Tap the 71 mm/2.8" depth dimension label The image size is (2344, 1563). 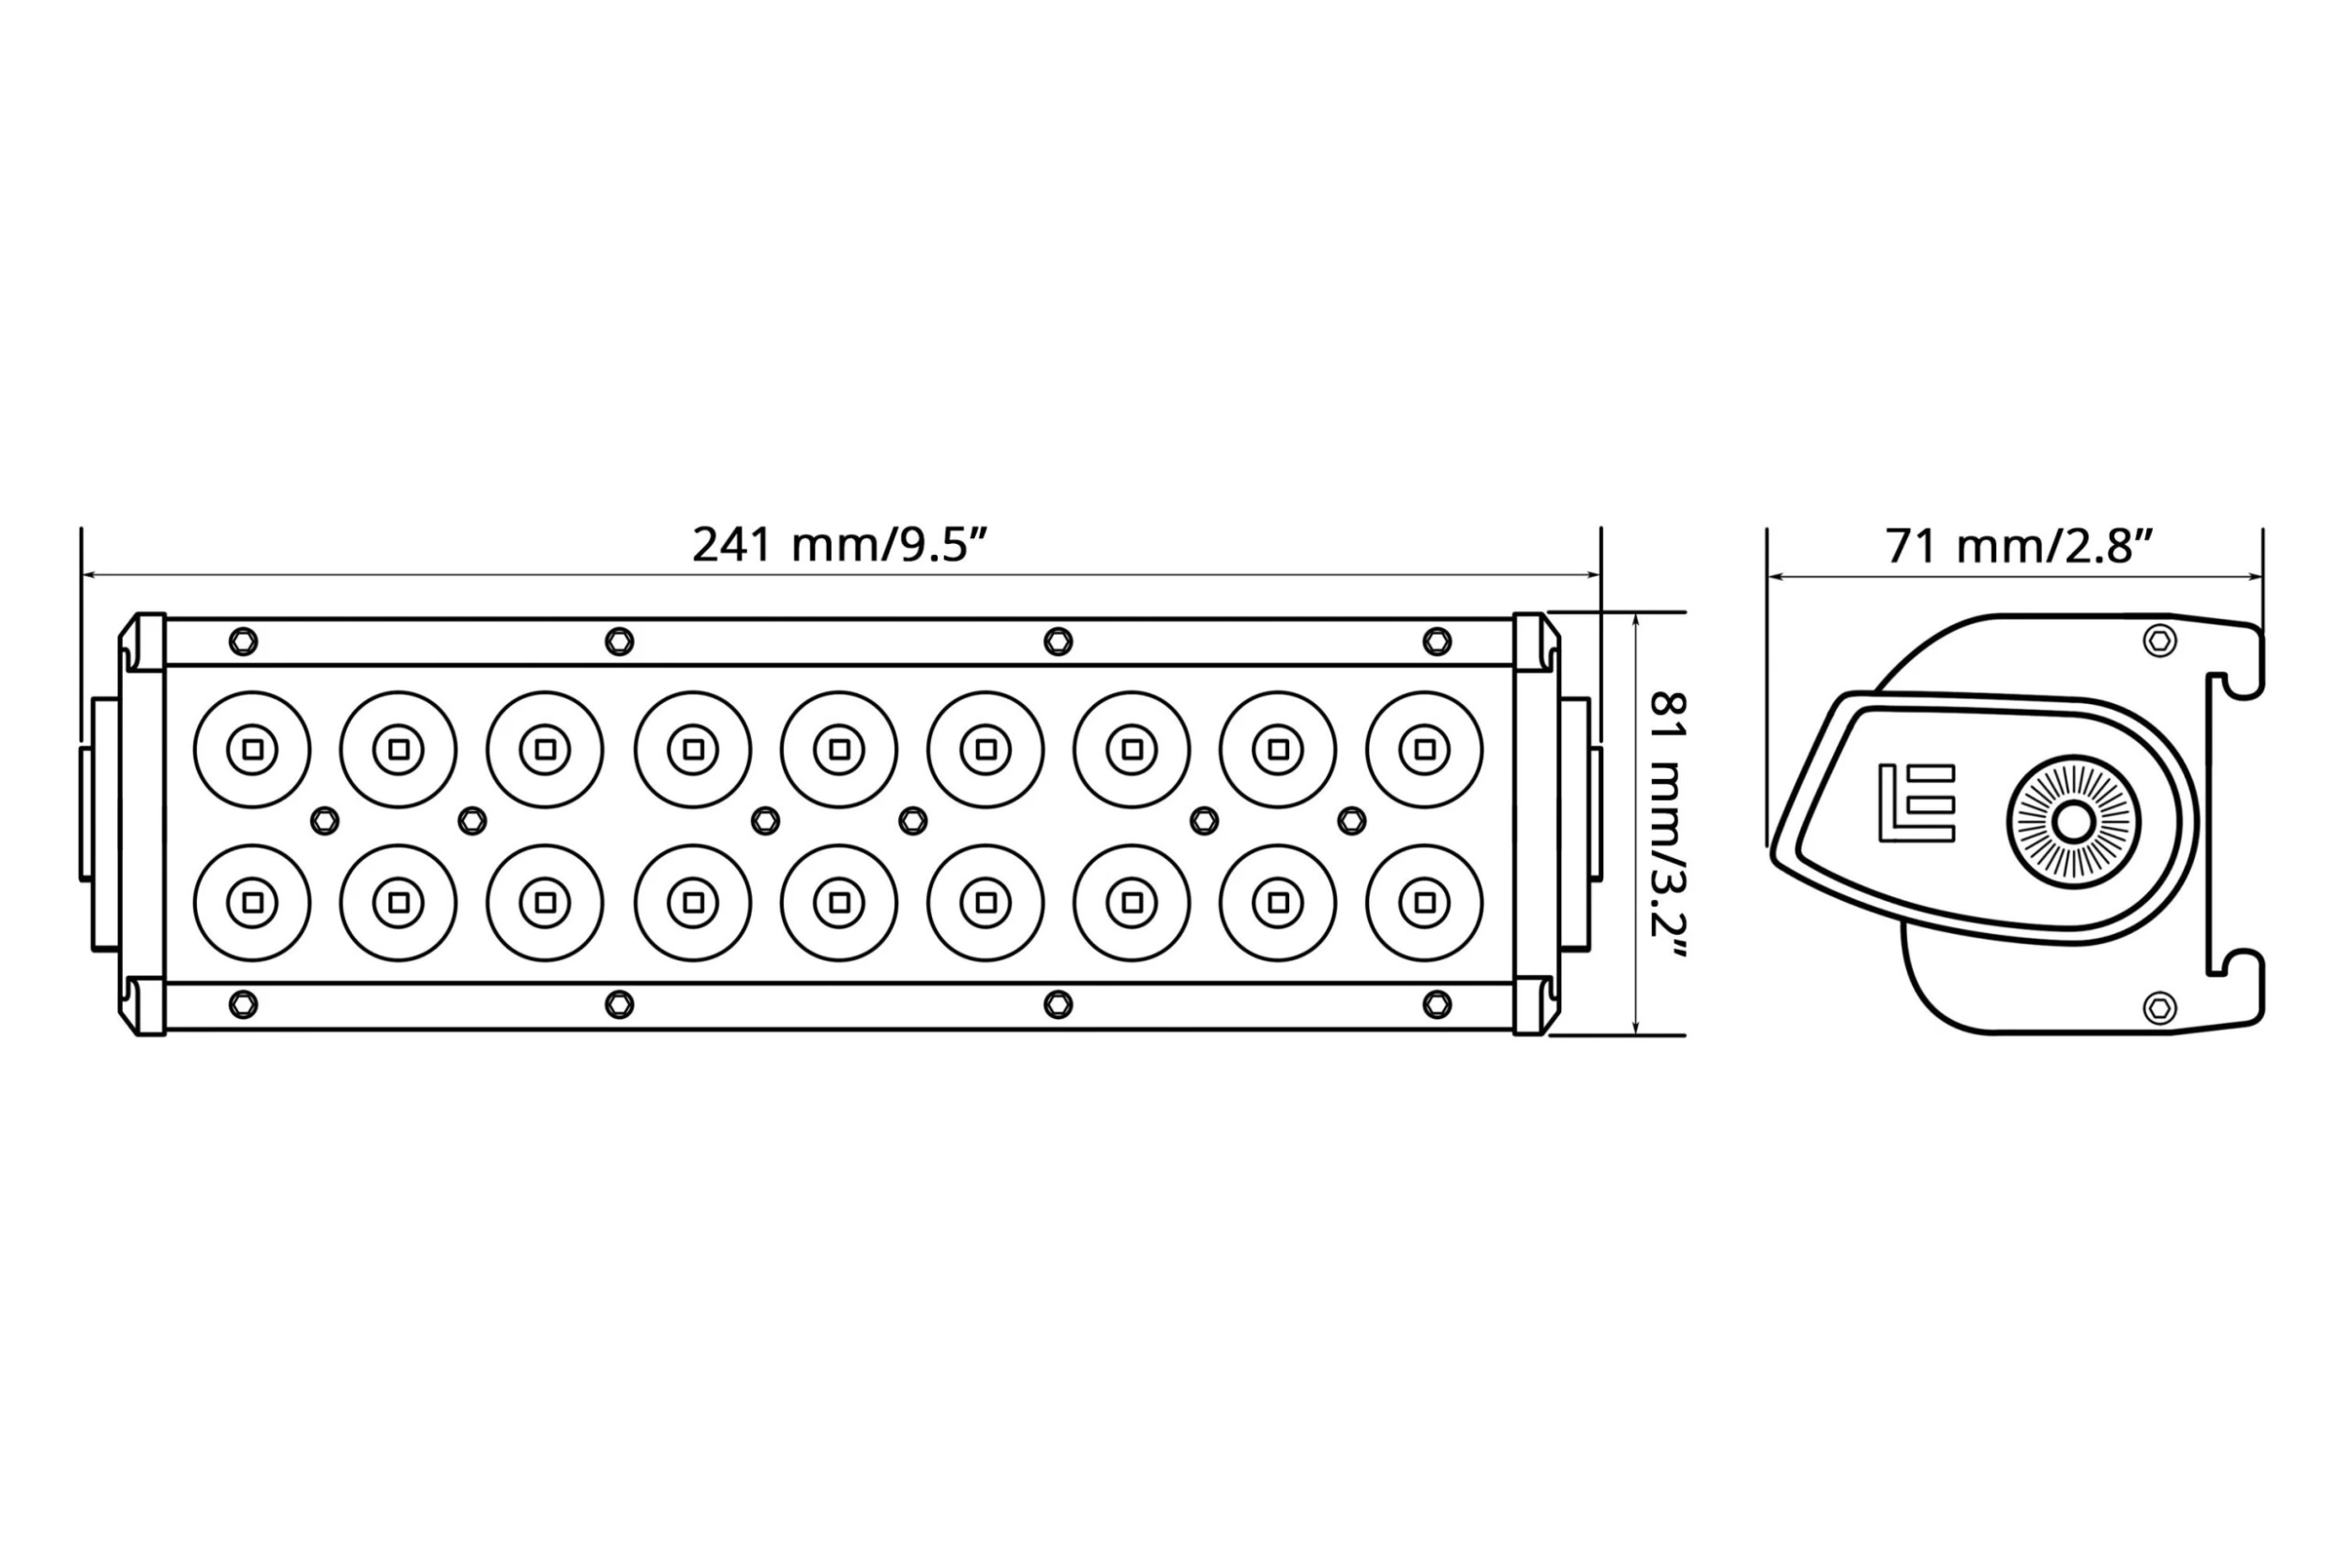point(2021,548)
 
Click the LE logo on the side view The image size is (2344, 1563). point(1916,803)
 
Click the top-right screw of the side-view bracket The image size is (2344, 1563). point(2158,641)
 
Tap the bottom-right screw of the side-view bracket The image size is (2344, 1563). point(2158,1008)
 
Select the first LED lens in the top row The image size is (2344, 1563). point(252,749)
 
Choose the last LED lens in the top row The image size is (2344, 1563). point(1424,749)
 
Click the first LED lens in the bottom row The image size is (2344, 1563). point(252,903)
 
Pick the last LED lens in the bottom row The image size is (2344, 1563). point(1424,903)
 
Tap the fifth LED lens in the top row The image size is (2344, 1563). point(839,749)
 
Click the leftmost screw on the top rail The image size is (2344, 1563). point(243,641)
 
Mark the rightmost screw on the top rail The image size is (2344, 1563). point(1437,641)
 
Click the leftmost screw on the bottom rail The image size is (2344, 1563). point(243,1004)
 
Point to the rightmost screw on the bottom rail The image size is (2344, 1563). point(1437,1004)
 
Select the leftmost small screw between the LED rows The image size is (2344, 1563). point(325,821)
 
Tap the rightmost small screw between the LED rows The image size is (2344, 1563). point(1351,821)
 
